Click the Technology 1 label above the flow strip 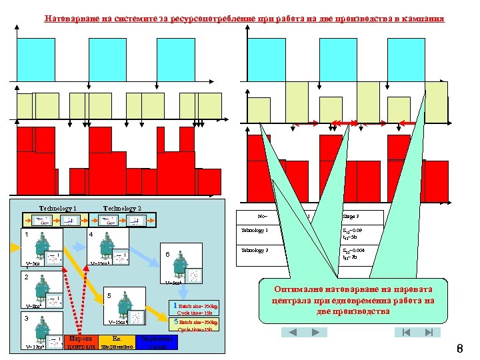[58, 209]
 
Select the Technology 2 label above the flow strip [122, 209]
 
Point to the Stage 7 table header [350, 216]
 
